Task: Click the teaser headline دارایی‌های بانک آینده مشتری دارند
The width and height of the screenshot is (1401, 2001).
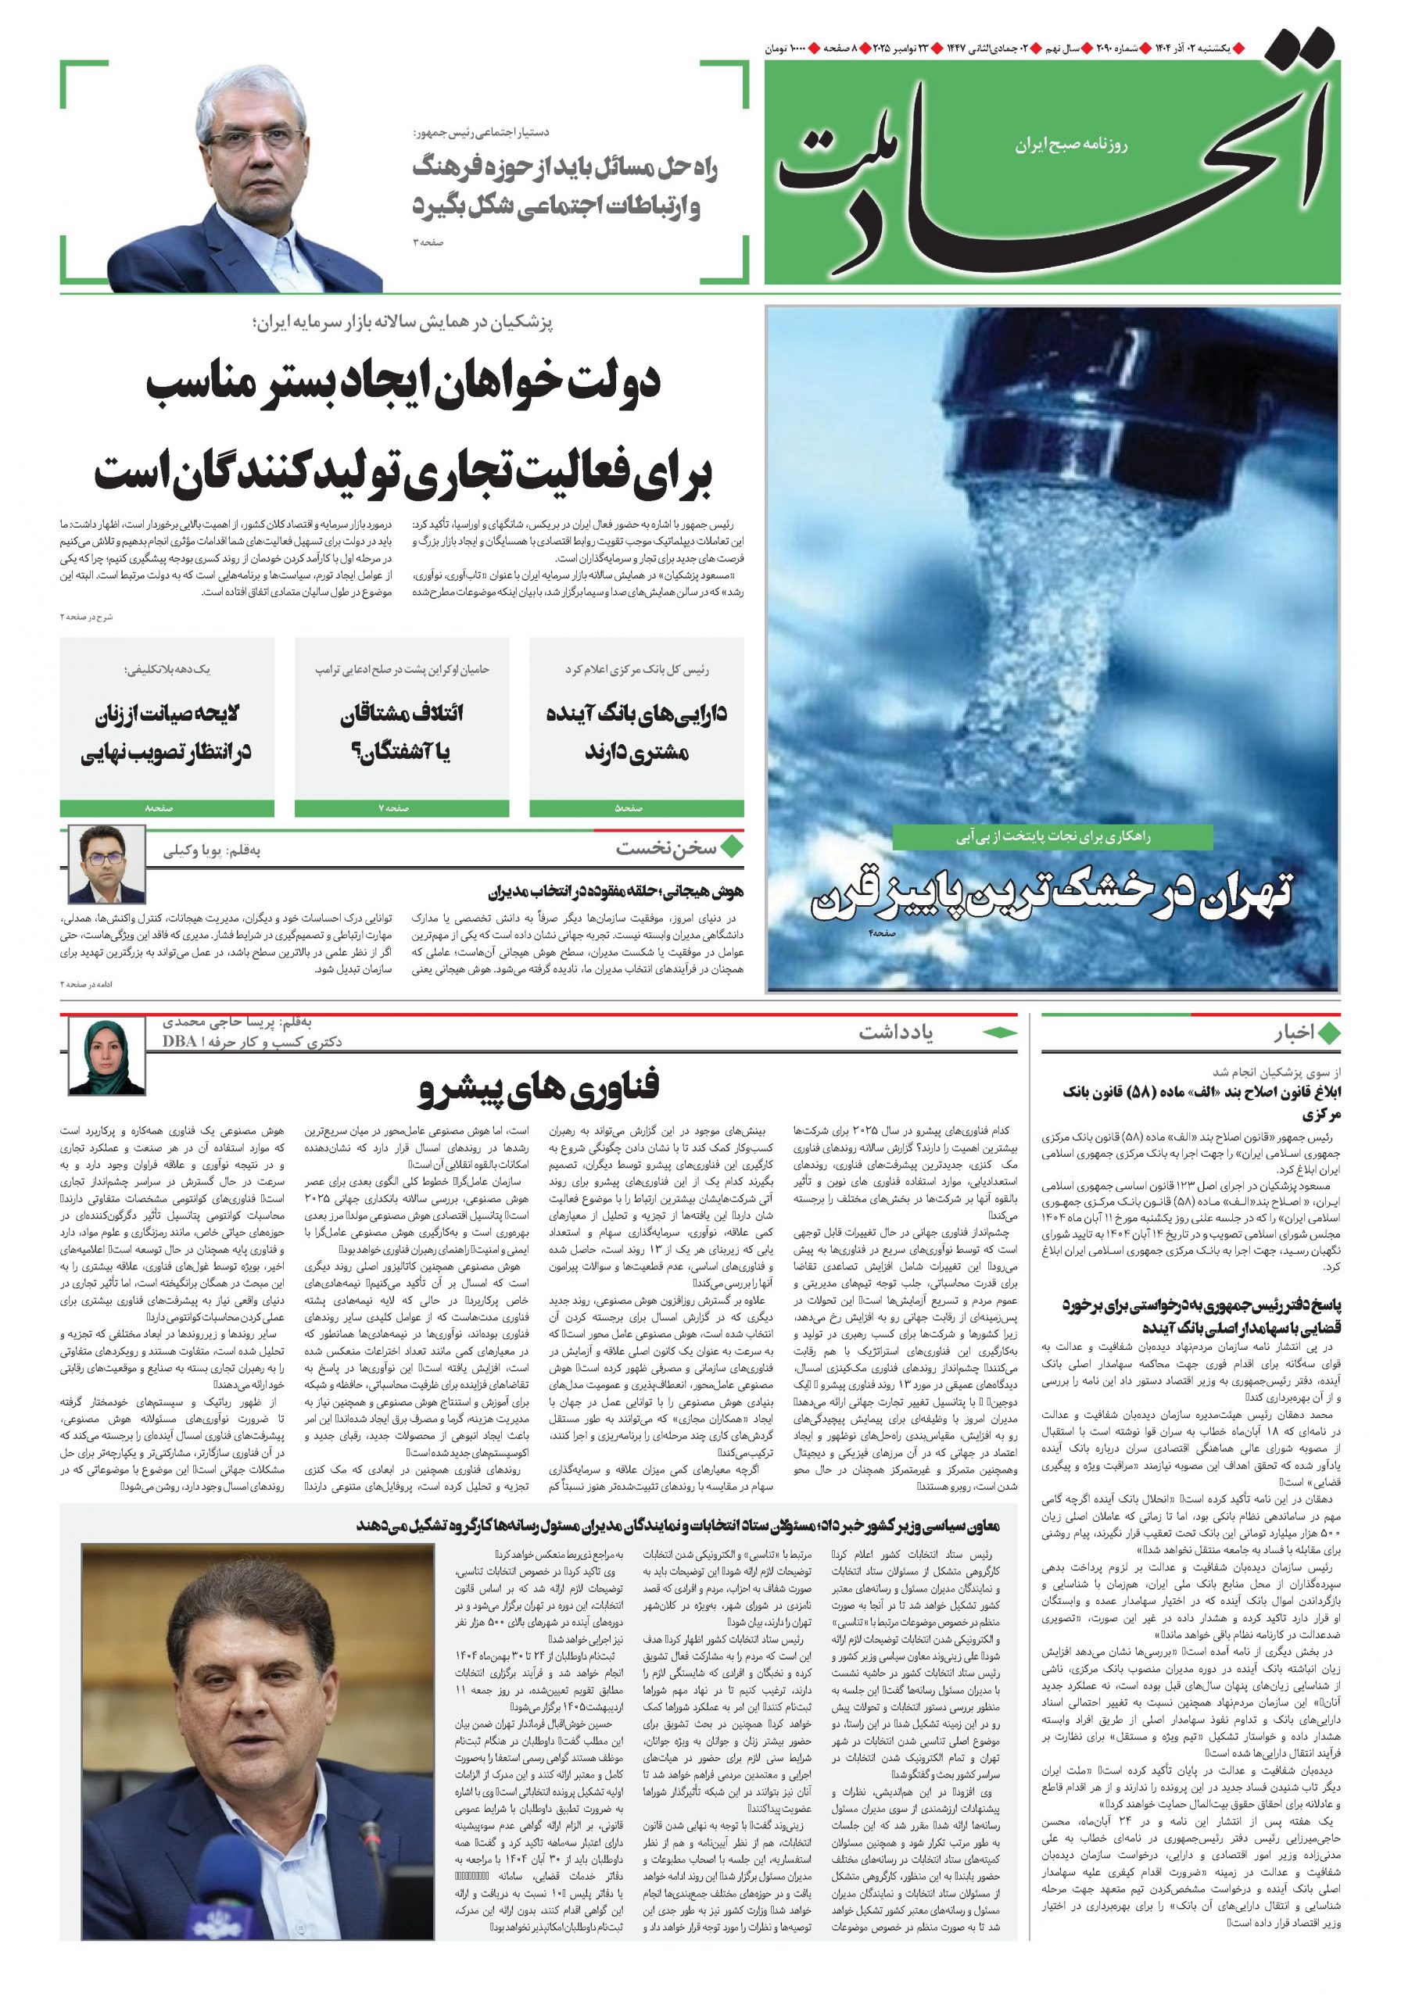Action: pyautogui.click(x=636, y=732)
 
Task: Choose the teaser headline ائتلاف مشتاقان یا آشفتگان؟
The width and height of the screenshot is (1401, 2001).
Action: pyautogui.click(x=402, y=732)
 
